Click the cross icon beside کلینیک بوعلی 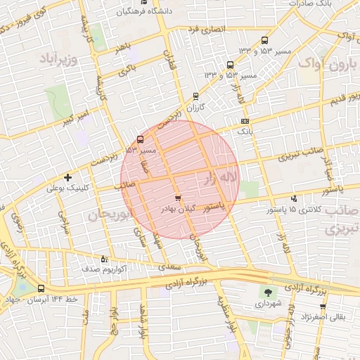coord(67,177)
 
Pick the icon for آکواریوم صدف coord(105,258)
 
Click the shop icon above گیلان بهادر coord(177,198)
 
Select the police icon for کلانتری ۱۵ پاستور coord(293,199)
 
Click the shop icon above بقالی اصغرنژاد coord(323,307)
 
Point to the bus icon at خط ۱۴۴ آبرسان coord(41,288)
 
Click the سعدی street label coord(170,267)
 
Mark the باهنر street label coord(124,46)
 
